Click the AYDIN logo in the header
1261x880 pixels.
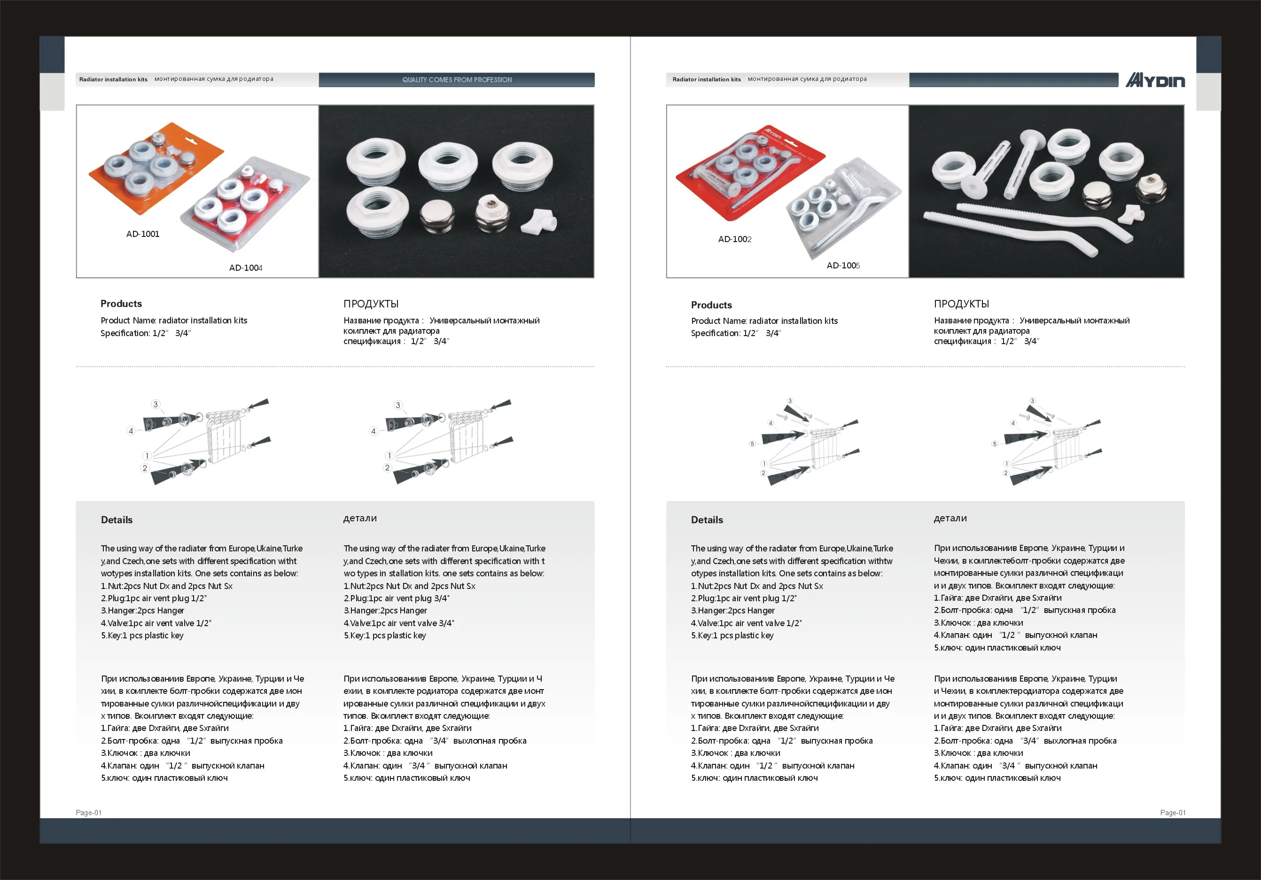pos(1155,80)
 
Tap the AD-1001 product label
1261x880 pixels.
pos(143,234)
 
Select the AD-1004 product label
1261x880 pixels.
pos(246,267)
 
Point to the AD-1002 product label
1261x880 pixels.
pos(735,239)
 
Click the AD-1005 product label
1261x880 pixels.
pos(843,266)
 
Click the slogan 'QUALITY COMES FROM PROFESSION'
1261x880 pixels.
pos(457,80)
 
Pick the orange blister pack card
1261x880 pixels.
pos(156,168)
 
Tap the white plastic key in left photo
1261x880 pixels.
pos(539,221)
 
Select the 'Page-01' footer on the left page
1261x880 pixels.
pos(88,812)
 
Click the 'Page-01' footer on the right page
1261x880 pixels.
pos(1173,812)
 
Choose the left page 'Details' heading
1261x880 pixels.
pos(117,520)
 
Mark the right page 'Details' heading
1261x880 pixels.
pos(707,520)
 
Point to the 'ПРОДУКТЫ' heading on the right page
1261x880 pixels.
pos(961,304)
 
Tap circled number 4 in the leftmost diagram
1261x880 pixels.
pos(131,431)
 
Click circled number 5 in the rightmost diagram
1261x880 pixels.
pos(994,444)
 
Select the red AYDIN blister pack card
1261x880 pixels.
pos(750,173)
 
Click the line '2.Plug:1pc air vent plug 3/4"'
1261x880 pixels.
pos(397,598)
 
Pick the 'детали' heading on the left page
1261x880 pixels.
pos(360,519)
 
